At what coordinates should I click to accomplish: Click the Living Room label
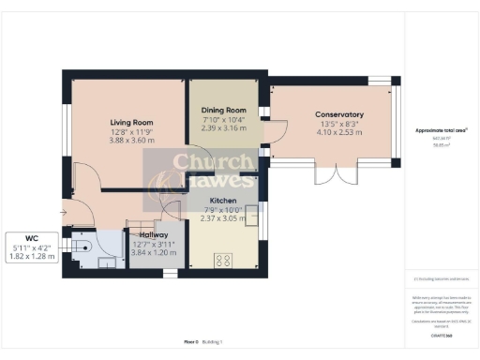[131, 123]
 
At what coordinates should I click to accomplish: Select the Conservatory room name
[338, 114]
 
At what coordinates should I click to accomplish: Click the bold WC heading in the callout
[32, 238]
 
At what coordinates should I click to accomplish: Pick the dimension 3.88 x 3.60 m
[131, 142]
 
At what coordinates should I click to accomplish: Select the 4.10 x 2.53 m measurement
[338, 132]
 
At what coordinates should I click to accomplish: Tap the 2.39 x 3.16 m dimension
[224, 129]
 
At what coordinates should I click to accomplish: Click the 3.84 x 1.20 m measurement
[153, 253]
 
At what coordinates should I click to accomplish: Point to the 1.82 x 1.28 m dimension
[32, 256]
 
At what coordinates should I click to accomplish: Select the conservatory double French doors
[333, 175]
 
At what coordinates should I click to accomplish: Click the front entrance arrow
[63, 213]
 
